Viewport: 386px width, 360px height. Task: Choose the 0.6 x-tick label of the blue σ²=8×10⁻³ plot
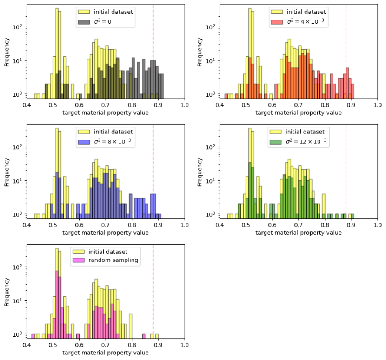[x=79, y=225]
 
